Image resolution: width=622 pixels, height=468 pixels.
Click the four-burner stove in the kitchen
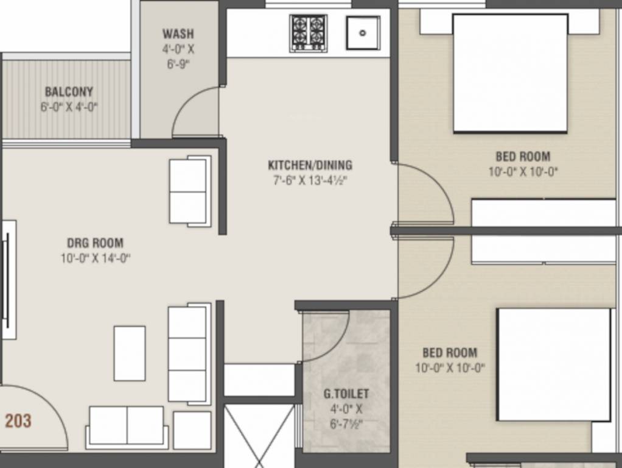click(x=308, y=33)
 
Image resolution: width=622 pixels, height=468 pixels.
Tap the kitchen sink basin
click(x=363, y=33)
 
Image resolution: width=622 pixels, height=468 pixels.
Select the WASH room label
click(x=178, y=34)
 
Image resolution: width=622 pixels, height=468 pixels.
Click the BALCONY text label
click(x=69, y=92)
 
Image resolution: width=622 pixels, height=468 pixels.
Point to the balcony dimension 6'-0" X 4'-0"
click(x=69, y=107)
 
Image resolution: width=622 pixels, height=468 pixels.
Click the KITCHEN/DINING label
click(x=310, y=165)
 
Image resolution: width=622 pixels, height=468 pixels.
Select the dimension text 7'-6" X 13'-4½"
click(x=310, y=180)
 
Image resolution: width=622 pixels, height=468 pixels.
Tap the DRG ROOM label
click(x=95, y=243)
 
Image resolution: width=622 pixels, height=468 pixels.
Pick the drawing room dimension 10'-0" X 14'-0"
click(x=95, y=258)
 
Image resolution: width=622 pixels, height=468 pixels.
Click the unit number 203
click(x=18, y=420)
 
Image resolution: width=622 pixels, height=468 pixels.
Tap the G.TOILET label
click(x=346, y=394)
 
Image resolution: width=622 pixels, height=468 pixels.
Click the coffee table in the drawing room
click(x=130, y=353)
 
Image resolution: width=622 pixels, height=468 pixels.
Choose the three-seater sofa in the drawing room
click(x=188, y=353)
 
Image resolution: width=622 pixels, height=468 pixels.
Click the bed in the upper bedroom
click(x=510, y=73)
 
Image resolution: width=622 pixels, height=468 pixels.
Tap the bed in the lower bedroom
click(x=554, y=364)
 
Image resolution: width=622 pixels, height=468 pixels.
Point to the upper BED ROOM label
click(x=523, y=157)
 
